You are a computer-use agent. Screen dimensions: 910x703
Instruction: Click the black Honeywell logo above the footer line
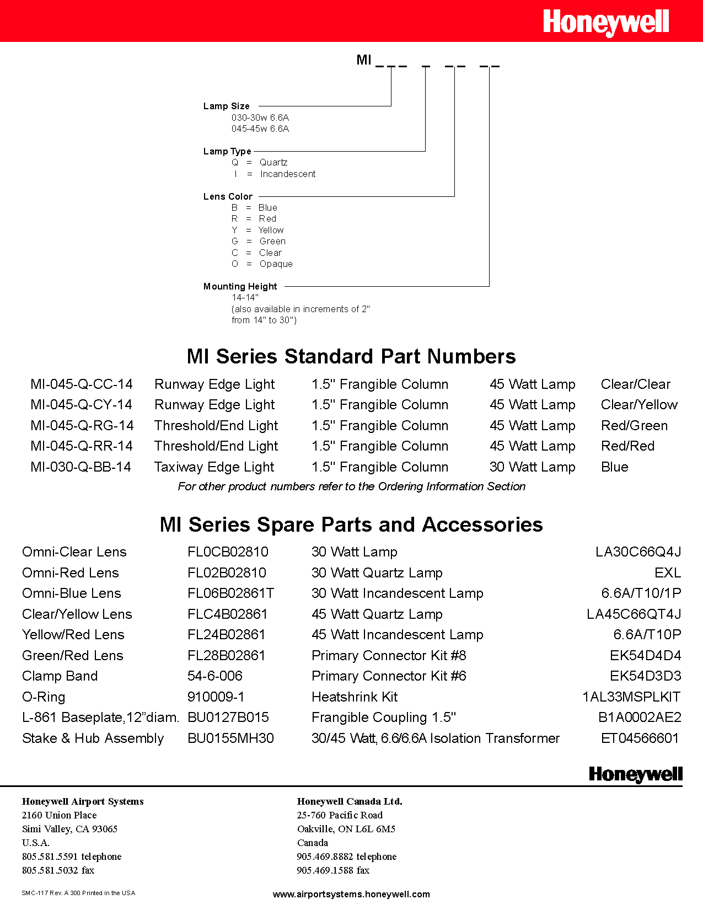point(635,774)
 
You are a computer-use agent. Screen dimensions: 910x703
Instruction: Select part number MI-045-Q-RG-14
point(82,426)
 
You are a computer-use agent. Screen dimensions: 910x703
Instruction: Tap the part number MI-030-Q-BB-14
point(81,467)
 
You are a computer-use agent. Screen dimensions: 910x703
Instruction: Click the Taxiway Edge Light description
point(214,467)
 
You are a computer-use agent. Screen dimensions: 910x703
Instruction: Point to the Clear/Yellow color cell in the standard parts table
point(639,405)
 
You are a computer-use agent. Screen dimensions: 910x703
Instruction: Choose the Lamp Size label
point(226,106)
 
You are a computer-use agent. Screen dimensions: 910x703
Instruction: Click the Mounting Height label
point(240,287)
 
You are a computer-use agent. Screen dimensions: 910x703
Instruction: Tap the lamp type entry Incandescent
point(287,174)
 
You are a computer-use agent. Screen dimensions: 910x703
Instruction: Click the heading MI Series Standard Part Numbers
point(351,357)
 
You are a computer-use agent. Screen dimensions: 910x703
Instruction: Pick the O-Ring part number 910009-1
point(216,697)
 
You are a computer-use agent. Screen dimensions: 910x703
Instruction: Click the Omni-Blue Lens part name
point(71,593)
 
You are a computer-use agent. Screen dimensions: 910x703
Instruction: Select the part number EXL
point(667,573)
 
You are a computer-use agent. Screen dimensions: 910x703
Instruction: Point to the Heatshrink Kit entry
point(354,697)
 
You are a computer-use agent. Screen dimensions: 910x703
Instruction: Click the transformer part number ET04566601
point(640,738)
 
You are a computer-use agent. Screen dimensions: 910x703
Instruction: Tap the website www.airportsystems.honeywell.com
point(351,894)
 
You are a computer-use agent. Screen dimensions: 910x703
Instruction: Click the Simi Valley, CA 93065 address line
point(69,829)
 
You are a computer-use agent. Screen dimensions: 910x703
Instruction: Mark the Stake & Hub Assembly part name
point(93,738)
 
